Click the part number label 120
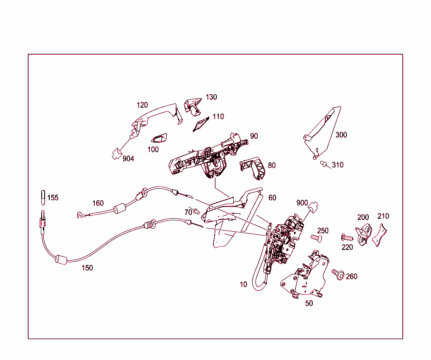click(x=142, y=105)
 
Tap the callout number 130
click(x=211, y=97)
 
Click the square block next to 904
click(x=116, y=153)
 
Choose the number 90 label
click(x=254, y=136)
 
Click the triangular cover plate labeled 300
click(x=323, y=130)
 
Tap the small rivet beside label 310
click(x=324, y=164)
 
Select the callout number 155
click(x=53, y=198)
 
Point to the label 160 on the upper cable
click(x=98, y=204)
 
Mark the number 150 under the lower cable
click(x=87, y=268)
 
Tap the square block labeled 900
click(x=314, y=207)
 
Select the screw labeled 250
click(x=315, y=238)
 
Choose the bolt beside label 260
click(x=337, y=274)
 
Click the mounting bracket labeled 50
click(x=307, y=278)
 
